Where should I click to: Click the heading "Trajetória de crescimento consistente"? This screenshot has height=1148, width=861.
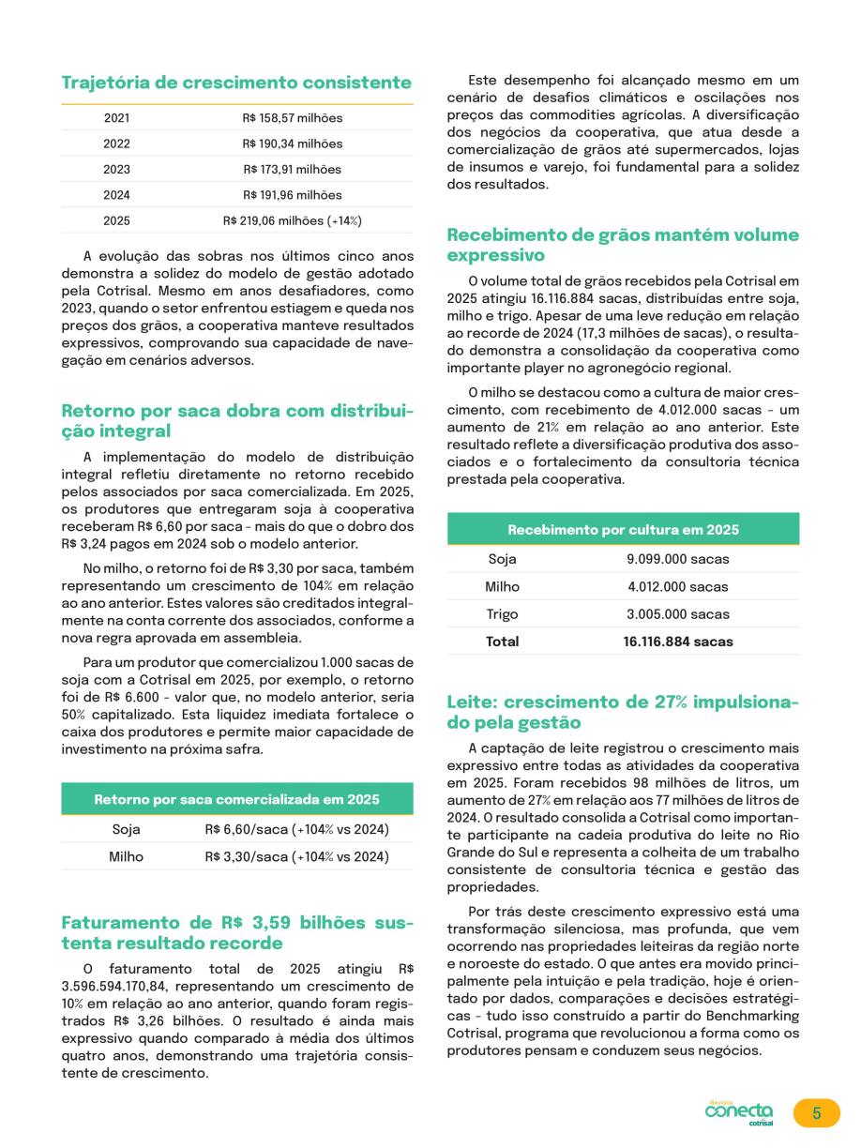tap(236, 83)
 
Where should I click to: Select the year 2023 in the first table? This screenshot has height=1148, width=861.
tap(117, 170)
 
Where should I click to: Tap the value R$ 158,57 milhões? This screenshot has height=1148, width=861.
tap(293, 118)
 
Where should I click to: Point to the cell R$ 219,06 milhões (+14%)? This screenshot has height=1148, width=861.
tap(293, 221)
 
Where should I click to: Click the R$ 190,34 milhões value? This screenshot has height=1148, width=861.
tap(293, 144)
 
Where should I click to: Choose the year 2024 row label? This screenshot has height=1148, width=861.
tap(117, 195)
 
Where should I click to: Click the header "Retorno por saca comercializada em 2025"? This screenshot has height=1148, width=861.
tap(236, 799)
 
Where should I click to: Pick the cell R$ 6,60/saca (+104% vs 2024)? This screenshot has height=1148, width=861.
tap(296, 830)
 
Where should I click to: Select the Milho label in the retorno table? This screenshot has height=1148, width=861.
tap(127, 856)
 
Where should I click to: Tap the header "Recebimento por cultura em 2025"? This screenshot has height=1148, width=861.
tap(623, 530)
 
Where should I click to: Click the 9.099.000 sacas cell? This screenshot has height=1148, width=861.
tap(678, 560)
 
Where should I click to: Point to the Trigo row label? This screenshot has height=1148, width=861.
tap(502, 614)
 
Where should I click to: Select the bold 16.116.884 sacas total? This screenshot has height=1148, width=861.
tap(678, 642)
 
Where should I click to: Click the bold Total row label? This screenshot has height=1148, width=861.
tap(502, 642)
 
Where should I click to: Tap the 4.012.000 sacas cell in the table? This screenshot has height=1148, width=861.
tap(678, 587)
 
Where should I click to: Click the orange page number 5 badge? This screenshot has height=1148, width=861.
tap(816, 1113)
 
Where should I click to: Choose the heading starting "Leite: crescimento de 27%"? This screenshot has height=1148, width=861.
tap(623, 712)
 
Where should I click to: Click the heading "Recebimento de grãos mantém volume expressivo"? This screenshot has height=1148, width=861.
tap(623, 245)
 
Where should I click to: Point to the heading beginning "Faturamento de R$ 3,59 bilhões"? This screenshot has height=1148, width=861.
tap(236, 932)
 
